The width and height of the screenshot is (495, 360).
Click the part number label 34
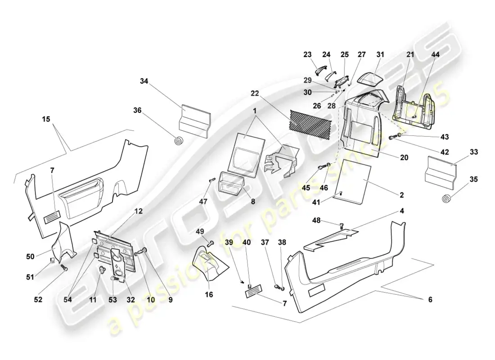tap(144, 81)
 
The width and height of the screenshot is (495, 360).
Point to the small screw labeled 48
tap(342, 226)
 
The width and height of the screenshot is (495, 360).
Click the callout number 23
tap(307, 54)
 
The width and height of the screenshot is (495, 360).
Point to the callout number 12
tap(139, 211)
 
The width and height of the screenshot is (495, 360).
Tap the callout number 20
tap(404, 157)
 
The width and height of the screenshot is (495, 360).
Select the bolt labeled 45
tap(321, 167)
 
